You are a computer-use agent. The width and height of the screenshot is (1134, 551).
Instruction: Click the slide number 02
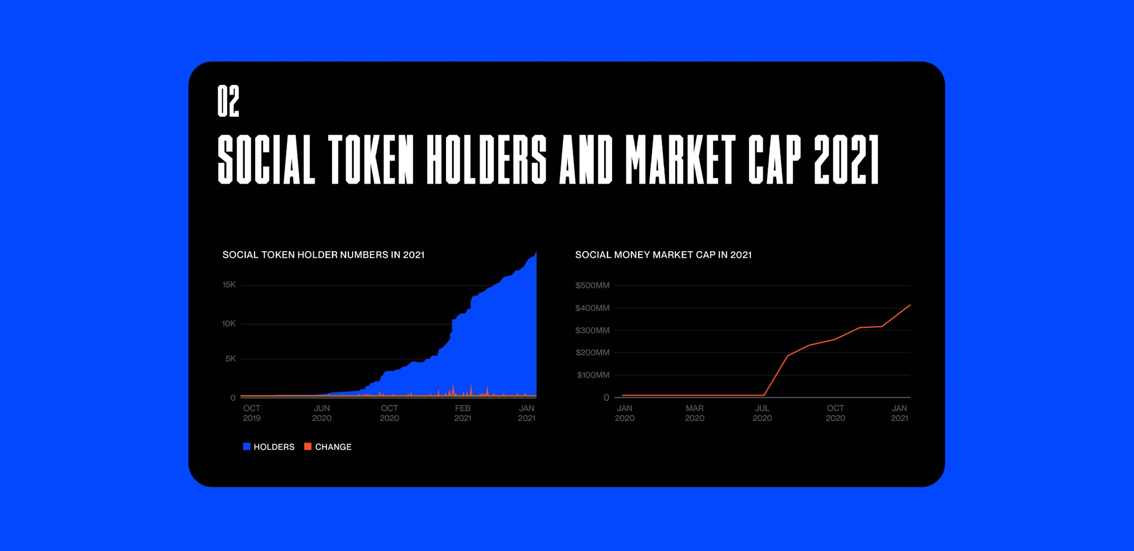[x=228, y=101]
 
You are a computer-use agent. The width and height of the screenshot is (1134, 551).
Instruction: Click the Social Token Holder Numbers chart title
[x=323, y=255]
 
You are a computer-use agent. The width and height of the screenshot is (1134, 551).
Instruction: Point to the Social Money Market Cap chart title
[x=663, y=255]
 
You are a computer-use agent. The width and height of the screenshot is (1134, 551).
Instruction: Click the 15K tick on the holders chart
[x=229, y=285]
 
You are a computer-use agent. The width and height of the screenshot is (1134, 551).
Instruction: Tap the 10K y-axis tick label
[x=229, y=324]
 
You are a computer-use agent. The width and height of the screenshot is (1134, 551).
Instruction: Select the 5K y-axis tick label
[x=230, y=359]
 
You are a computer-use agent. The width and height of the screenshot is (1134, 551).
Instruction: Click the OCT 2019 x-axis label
[x=252, y=413]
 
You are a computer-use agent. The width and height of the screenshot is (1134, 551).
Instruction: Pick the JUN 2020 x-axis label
[x=322, y=413]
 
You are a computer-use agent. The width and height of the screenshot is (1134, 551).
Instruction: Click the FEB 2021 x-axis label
[x=462, y=413]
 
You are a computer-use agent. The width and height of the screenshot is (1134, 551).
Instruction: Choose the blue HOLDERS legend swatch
[x=247, y=446]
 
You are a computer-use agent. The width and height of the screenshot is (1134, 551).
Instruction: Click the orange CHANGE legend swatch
[x=308, y=446]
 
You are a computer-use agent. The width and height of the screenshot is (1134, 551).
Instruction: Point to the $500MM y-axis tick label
[x=592, y=285]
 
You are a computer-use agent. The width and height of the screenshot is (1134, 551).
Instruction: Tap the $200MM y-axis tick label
[x=592, y=353]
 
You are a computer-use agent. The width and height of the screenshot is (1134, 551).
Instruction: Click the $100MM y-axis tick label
[x=593, y=375]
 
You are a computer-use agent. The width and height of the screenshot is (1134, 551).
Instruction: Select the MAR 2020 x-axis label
[x=695, y=413]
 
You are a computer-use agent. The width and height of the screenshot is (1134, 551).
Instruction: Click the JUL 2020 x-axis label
[x=762, y=413]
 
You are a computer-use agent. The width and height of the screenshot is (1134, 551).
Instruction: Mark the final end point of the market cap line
[x=910, y=305]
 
